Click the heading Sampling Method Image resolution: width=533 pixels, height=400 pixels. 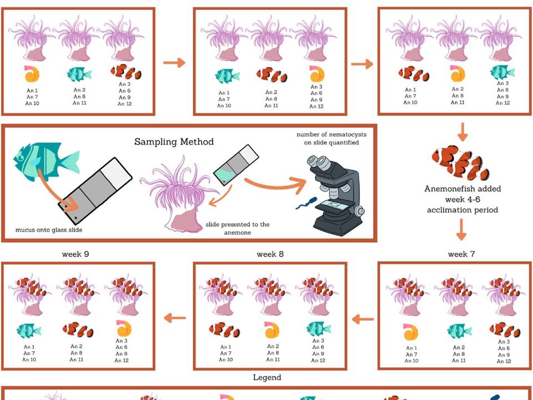coord(174,142)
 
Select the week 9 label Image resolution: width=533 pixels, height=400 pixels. coord(78,254)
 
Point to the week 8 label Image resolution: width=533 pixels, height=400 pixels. coord(270,254)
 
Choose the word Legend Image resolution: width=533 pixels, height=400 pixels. coord(267,377)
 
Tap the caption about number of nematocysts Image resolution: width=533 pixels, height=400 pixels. coord(331,138)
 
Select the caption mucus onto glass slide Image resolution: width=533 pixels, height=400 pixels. coord(49,229)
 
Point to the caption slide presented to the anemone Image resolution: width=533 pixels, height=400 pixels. coord(237,228)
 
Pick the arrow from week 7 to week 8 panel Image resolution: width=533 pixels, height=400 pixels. coord(363,319)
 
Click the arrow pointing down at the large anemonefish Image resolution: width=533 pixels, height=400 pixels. coord(462,132)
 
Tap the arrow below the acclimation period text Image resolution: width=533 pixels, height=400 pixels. coord(462,228)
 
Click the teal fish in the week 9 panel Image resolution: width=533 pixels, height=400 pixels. coord(29,330)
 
